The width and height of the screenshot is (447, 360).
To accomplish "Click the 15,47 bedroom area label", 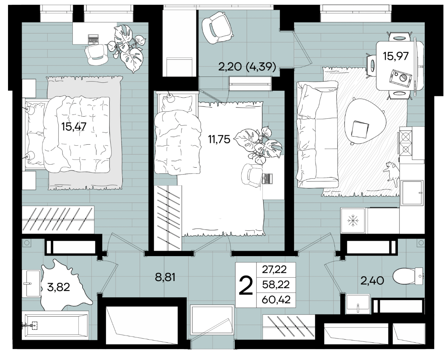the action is click(x=74, y=127).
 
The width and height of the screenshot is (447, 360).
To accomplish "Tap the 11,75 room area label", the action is click(x=219, y=139).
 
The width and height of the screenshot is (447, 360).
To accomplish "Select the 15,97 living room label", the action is click(x=396, y=56).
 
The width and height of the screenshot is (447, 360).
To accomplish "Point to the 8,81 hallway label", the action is click(x=165, y=277).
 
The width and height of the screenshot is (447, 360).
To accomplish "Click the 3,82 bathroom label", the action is click(x=59, y=287).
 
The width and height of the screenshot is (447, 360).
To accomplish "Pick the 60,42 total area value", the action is click(x=276, y=300).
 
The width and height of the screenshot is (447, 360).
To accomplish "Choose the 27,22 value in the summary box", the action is click(x=274, y=270).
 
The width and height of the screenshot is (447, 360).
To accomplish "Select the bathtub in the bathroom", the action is click(x=56, y=326).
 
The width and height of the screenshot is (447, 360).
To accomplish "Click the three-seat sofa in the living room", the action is click(x=317, y=134).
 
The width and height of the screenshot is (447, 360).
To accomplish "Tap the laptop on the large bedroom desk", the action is click(x=93, y=39).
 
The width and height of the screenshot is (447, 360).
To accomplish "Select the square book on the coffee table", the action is click(x=360, y=129).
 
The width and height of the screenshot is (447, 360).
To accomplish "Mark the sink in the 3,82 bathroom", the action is click(x=33, y=283).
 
